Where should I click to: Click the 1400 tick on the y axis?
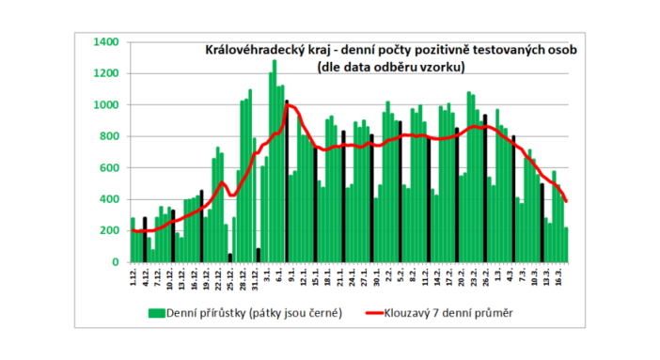tap(104, 42)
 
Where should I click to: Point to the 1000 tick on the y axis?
tap(104, 105)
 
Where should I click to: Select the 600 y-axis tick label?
tap(107, 168)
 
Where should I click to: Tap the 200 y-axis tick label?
tap(107, 231)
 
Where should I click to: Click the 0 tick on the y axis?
tap(114, 263)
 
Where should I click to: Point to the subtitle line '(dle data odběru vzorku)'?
tap(386, 67)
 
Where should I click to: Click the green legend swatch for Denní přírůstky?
tap(156, 311)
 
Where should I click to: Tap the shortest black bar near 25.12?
tap(230, 258)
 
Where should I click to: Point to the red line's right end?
tap(566, 200)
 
